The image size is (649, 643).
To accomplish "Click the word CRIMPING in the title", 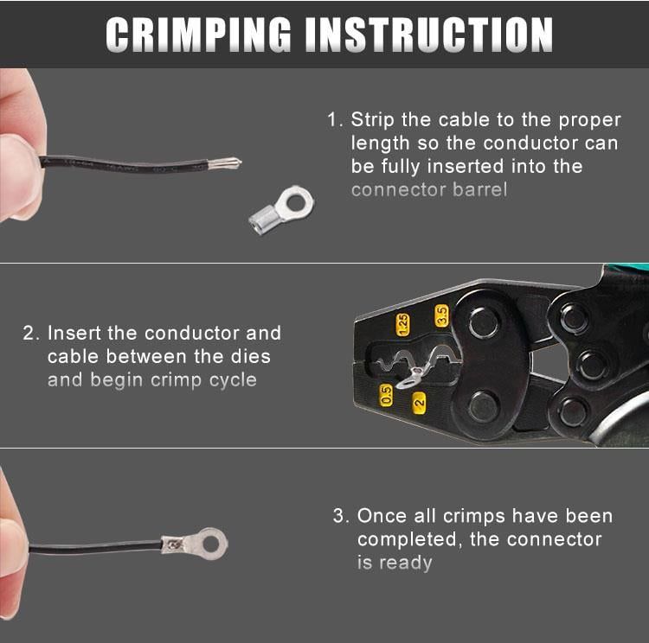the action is coord(198,35).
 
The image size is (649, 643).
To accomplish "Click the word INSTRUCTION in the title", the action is coord(429,35).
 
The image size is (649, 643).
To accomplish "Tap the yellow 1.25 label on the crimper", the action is coord(402,325).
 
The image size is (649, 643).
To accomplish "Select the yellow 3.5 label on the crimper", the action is coord(441,316).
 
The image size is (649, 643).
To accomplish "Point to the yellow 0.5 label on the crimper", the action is coord(386,395).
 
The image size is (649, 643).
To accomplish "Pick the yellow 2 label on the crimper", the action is coord(419,403).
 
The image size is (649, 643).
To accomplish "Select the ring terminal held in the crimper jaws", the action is coord(410,378).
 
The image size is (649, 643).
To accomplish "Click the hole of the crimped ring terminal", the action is coord(211,544).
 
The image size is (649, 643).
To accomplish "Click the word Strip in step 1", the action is coord(372,120).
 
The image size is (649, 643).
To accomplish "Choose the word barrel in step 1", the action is coord(479,190).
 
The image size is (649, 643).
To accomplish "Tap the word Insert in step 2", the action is coord(74,334).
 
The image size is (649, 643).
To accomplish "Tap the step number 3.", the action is coord(339,516).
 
